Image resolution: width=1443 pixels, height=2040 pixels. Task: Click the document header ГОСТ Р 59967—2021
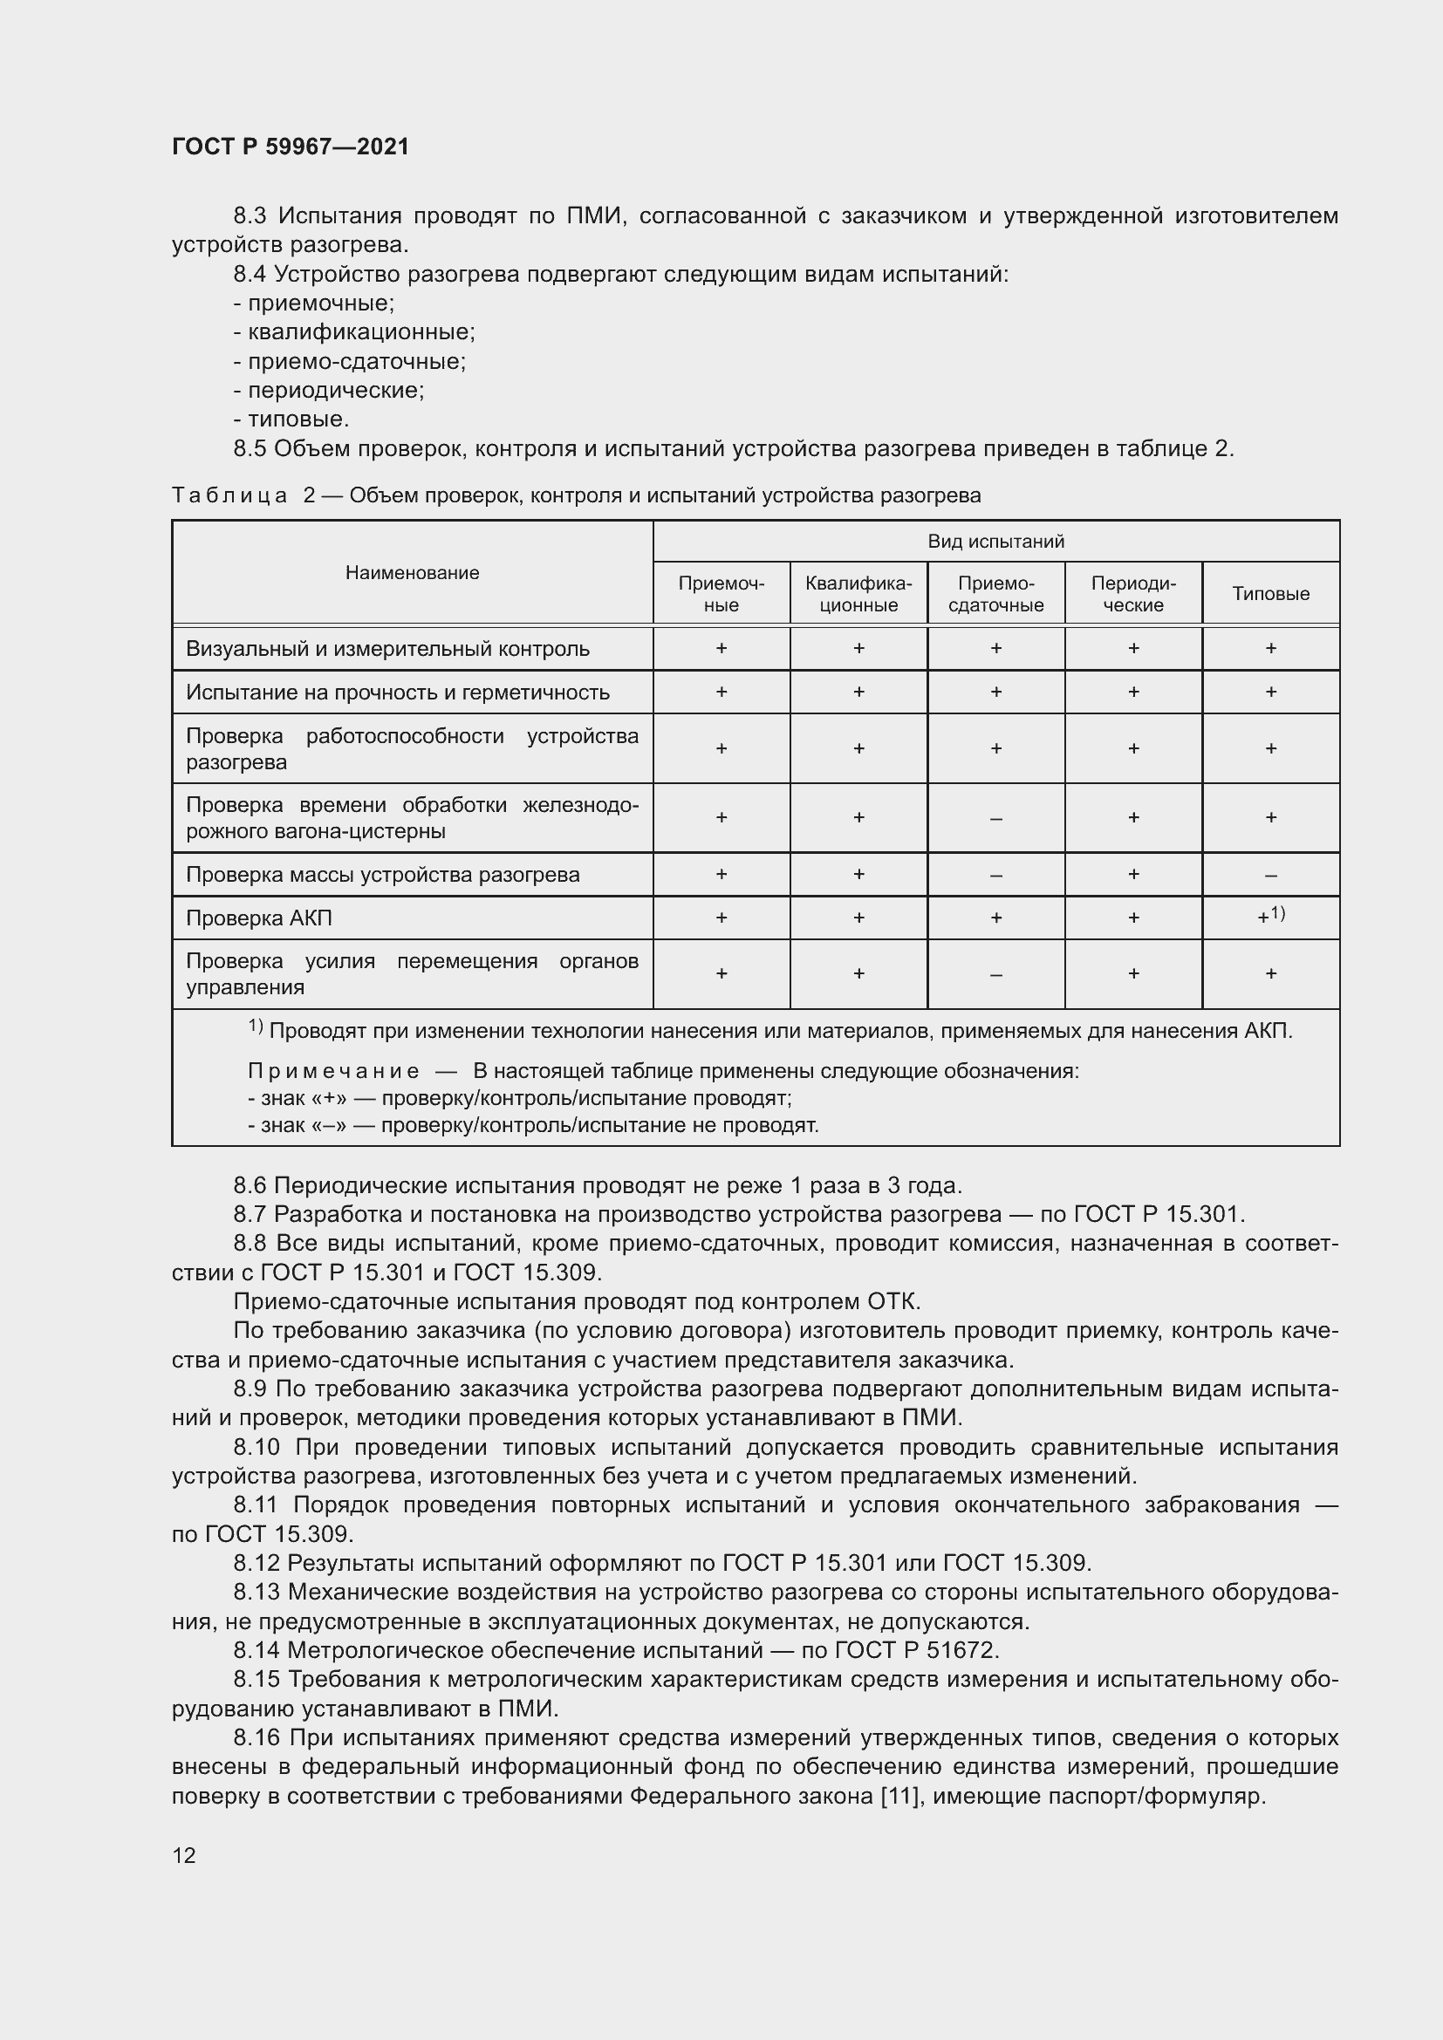(291, 147)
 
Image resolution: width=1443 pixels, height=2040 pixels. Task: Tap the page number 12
(184, 1855)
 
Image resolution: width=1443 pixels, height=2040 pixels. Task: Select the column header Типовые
(1270, 594)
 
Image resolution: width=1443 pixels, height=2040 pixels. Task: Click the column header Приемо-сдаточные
(995, 594)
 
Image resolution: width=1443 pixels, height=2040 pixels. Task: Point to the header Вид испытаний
(995, 541)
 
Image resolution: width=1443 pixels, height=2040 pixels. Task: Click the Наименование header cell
(413, 573)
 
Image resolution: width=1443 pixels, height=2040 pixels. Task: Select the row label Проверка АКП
(258, 918)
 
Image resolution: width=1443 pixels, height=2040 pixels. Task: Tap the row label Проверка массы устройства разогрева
(382, 874)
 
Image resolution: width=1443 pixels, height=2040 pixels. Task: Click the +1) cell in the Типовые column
(1269, 916)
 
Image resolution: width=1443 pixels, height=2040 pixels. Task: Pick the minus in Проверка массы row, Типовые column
(1270, 875)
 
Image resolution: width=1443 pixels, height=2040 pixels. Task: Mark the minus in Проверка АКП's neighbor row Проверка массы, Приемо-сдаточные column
(995, 875)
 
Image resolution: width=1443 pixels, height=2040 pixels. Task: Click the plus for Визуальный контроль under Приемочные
(721, 649)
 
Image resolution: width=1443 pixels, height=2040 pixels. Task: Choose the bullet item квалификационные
(361, 332)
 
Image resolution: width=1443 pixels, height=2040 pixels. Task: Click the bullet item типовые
(297, 420)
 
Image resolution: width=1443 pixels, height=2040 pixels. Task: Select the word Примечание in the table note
(333, 1071)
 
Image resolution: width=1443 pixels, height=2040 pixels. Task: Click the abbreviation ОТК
(892, 1301)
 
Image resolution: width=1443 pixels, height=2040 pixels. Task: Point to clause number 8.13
(256, 1593)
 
